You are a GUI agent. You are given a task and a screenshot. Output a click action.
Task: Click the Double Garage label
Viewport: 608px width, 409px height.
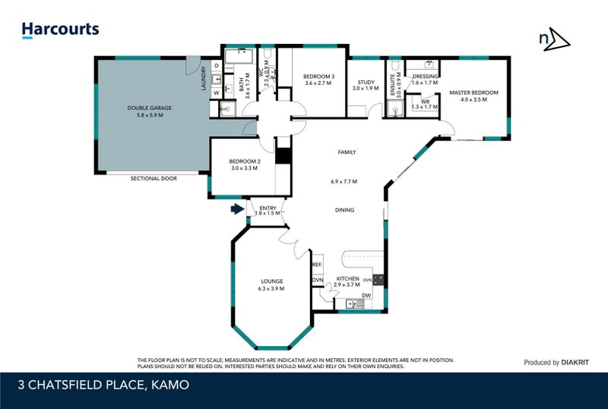tap(149, 109)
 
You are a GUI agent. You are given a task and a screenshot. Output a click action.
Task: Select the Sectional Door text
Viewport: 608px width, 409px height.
tap(153, 178)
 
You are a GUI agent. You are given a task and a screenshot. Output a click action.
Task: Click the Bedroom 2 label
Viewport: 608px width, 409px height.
tap(245, 161)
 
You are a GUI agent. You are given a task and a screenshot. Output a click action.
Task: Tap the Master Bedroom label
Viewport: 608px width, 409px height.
tap(473, 93)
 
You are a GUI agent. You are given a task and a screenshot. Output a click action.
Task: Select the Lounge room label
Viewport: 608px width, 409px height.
tap(271, 282)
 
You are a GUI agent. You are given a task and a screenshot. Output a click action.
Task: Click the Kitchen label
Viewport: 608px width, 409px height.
tap(347, 278)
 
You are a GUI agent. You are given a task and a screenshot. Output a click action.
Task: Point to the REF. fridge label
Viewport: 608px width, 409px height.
tap(317, 265)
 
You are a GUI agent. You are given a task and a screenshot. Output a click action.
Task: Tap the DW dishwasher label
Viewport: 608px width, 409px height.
tap(366, 295)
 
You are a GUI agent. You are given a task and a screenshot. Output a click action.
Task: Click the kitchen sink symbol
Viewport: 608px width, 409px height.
tap(354, 304)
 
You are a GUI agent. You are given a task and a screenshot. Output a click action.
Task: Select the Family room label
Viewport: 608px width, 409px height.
tap(347, 153)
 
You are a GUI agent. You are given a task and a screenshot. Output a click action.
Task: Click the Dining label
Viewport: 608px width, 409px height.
tap(344, 210)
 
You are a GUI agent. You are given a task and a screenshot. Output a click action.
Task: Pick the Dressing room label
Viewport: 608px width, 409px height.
tap(425, 77)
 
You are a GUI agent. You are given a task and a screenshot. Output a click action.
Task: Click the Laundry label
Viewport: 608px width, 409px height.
tap(204, 80)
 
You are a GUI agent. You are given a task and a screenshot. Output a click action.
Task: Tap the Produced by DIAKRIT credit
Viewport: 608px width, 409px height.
tap(553, 363)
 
